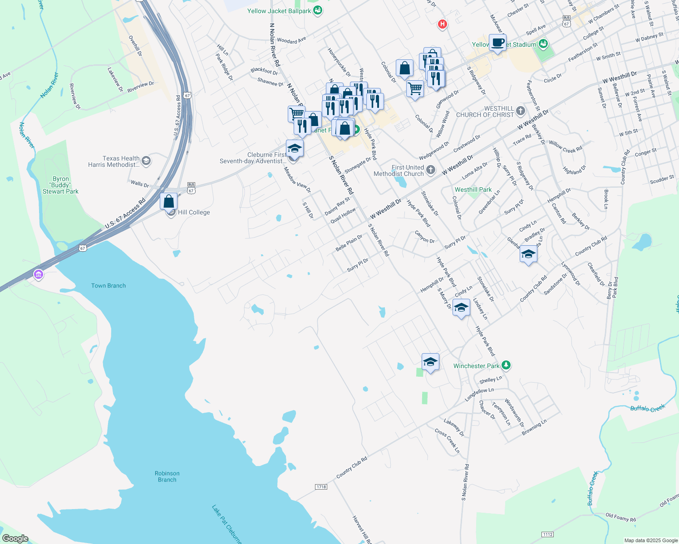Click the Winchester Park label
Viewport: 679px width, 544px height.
476,366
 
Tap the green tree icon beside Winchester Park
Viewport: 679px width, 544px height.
506,365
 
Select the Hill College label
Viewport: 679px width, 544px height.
194,212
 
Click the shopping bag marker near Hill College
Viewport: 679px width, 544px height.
168,201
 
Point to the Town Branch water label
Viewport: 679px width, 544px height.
108,286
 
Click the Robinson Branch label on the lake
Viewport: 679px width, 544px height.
167,476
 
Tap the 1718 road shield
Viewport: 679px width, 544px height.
321,487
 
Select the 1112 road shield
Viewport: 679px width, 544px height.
548,534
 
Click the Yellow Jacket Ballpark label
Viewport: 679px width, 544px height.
279,11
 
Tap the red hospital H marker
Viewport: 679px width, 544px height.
443,24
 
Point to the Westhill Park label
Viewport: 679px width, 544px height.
473,189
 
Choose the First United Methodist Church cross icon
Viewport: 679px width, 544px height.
431,170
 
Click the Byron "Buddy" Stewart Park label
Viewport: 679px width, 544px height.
61,185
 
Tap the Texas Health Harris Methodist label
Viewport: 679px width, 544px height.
114,161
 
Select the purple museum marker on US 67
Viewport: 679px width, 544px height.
39,274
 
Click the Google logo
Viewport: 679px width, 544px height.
15,539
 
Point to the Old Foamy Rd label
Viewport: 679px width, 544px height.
620,517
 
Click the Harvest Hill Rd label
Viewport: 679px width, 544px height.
362,529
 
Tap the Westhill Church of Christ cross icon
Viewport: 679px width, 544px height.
521,111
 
